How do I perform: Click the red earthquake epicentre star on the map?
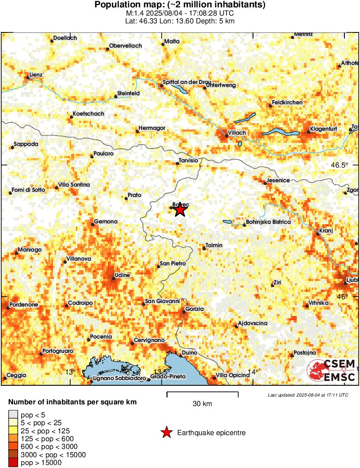180,210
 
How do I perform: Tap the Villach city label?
237,132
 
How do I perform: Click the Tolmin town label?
214,245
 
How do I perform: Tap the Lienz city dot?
28,78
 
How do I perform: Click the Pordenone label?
24,305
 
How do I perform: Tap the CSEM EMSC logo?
331,371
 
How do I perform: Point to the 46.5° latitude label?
340,165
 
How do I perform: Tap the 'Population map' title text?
180,5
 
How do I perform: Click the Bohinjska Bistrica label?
269,222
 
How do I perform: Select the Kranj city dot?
318,234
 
